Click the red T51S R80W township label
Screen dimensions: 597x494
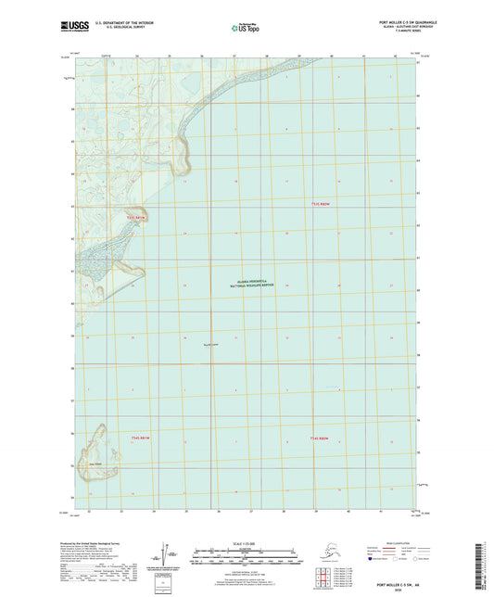pyautogui.click(x=320, y=203)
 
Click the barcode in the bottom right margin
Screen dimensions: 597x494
pyautogui.click(x=485, y=565)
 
